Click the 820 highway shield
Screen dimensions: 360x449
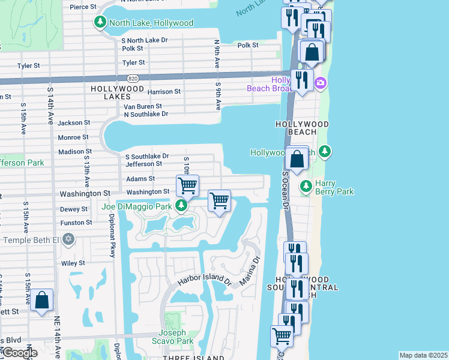(x=132, y=78)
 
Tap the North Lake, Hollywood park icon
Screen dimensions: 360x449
(x=99, y=23)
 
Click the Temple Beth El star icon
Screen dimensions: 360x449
(x=68, y=240)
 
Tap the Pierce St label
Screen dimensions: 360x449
(x=83, y=7)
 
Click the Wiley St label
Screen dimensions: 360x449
(x=73, y=263)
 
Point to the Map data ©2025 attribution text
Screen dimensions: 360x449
(x=423, y=355)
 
